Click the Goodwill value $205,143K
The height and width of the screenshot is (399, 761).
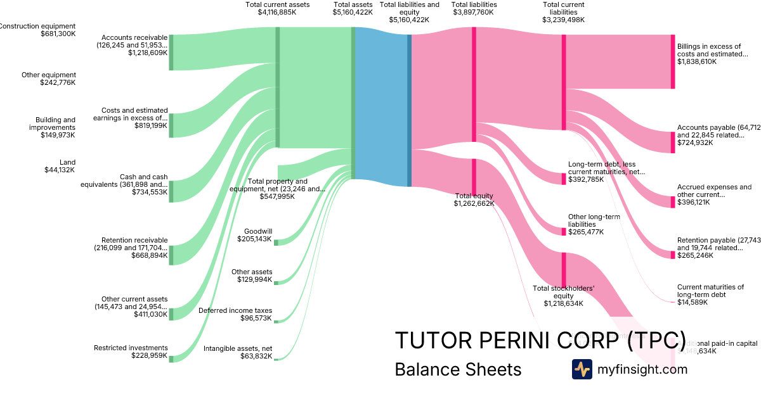254,239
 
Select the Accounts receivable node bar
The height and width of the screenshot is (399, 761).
171,53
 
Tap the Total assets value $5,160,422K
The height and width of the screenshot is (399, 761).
353,12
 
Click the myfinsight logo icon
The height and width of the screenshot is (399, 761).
582,369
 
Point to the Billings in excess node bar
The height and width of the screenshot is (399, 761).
673,61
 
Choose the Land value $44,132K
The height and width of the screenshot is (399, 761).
60,170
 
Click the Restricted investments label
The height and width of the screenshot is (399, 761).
131,348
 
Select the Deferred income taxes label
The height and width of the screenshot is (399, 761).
235,310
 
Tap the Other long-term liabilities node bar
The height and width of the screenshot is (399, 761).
563,232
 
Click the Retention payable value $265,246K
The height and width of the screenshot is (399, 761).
694,256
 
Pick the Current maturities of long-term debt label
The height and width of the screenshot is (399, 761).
710,291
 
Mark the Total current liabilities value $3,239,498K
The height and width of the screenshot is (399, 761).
563,20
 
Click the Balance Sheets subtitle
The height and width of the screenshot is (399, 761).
458,369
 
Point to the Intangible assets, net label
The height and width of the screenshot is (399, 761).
238,348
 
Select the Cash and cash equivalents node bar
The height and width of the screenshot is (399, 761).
171,191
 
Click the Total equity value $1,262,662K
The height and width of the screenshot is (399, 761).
474,204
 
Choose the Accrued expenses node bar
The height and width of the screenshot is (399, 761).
673,202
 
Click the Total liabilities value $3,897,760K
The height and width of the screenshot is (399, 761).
474,12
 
